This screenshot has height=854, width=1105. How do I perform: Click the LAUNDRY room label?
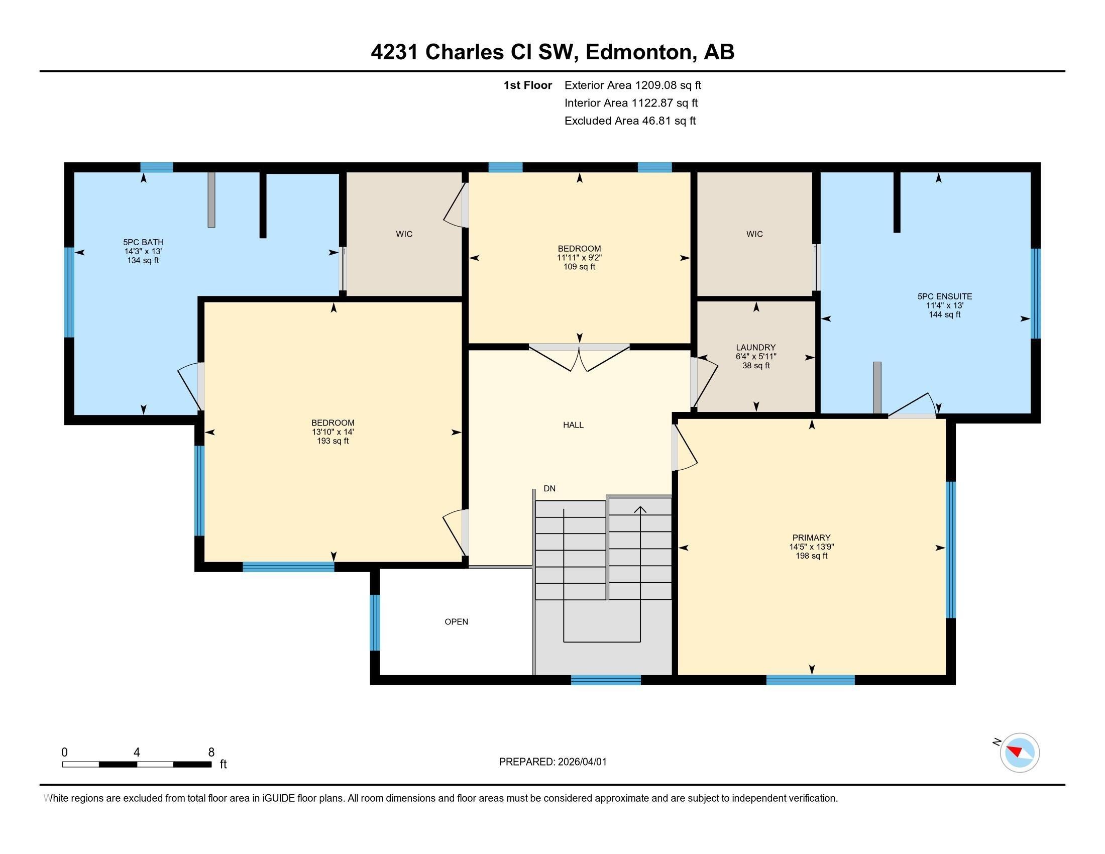755,348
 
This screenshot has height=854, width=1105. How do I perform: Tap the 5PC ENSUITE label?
944,296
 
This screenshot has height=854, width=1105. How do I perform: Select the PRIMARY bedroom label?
811,538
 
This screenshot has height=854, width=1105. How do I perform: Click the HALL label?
573,425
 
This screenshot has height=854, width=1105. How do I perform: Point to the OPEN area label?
456,622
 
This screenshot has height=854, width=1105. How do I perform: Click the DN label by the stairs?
549,489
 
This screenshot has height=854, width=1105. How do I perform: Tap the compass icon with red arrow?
1019,753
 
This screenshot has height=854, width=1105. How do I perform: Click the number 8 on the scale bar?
211,753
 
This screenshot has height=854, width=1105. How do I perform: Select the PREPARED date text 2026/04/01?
582,762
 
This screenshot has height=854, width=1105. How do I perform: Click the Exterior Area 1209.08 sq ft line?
632,85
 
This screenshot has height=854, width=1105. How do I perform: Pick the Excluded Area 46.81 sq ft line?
630,121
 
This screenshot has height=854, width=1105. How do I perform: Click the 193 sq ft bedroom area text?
333,441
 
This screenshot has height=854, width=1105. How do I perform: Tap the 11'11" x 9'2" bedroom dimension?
579,258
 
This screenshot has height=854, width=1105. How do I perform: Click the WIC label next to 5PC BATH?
404,234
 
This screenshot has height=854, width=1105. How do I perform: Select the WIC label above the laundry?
754,234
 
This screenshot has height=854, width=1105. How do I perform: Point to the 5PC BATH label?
143,242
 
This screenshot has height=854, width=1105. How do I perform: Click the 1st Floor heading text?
527,85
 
